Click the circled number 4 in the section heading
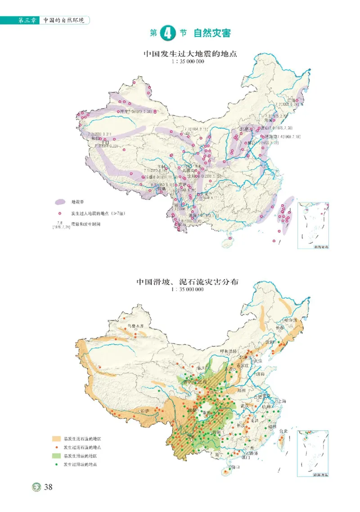click(166, 33)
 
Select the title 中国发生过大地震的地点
click(190, 54)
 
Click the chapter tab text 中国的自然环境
click(63, 20)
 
